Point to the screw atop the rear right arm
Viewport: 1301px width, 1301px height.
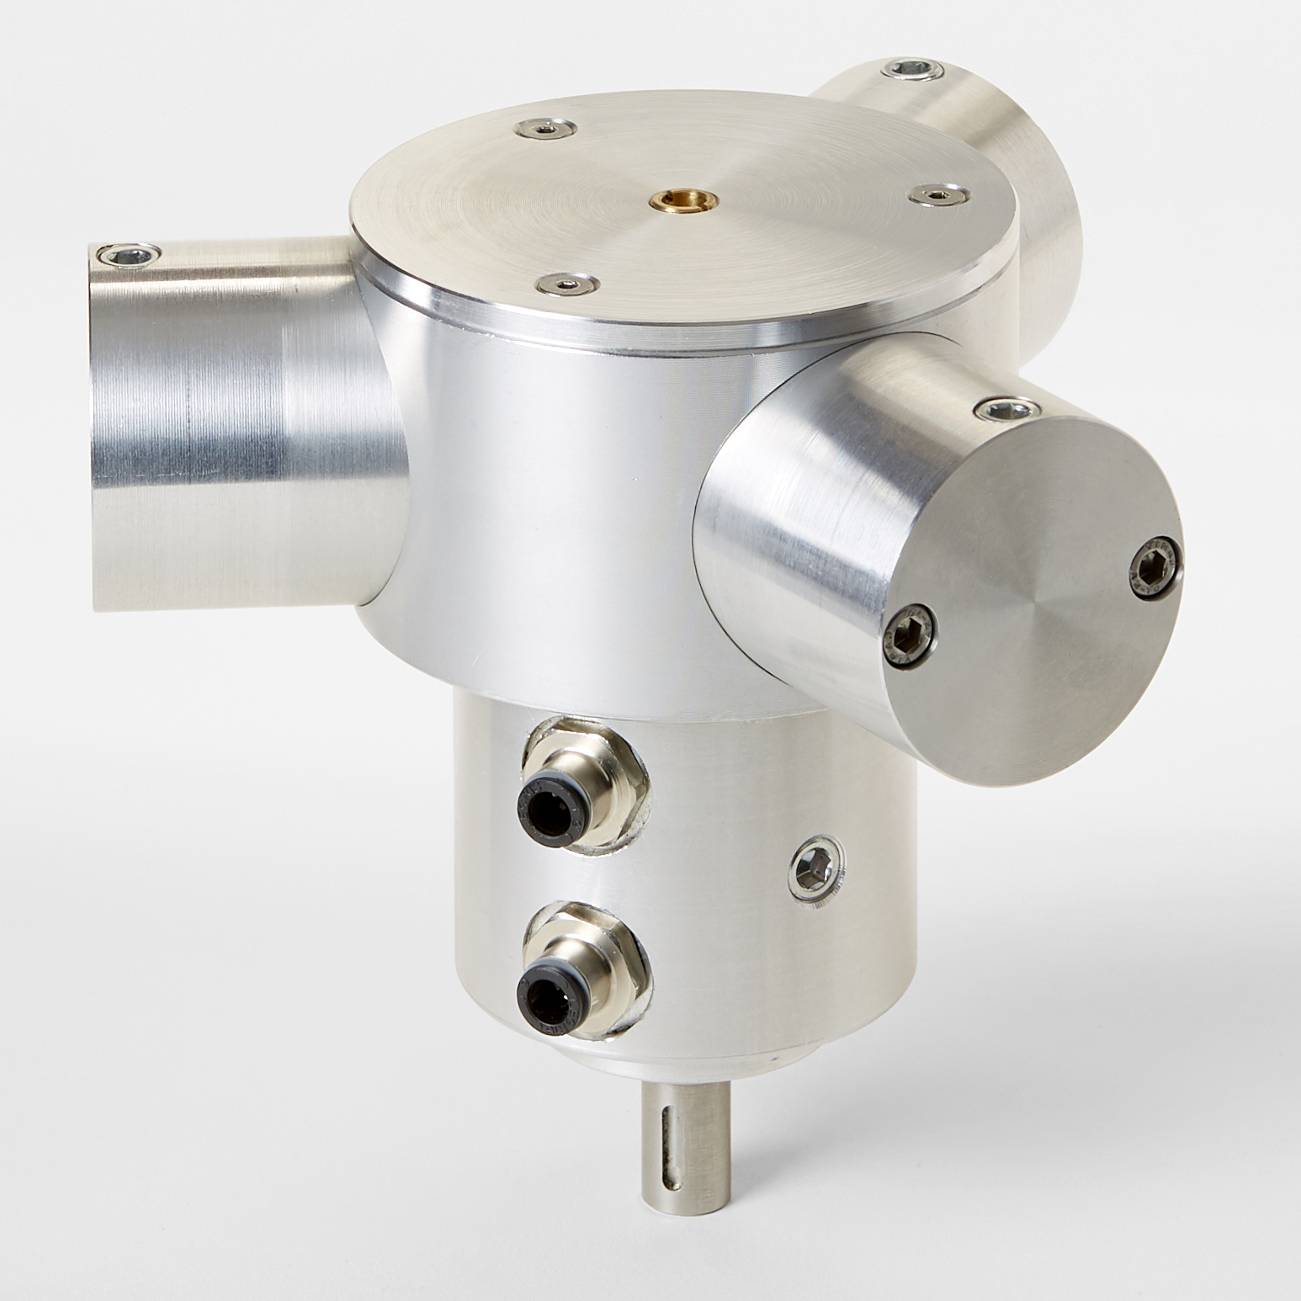(x=911, y=69)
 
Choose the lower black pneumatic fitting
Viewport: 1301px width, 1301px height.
(x=551, y=995)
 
